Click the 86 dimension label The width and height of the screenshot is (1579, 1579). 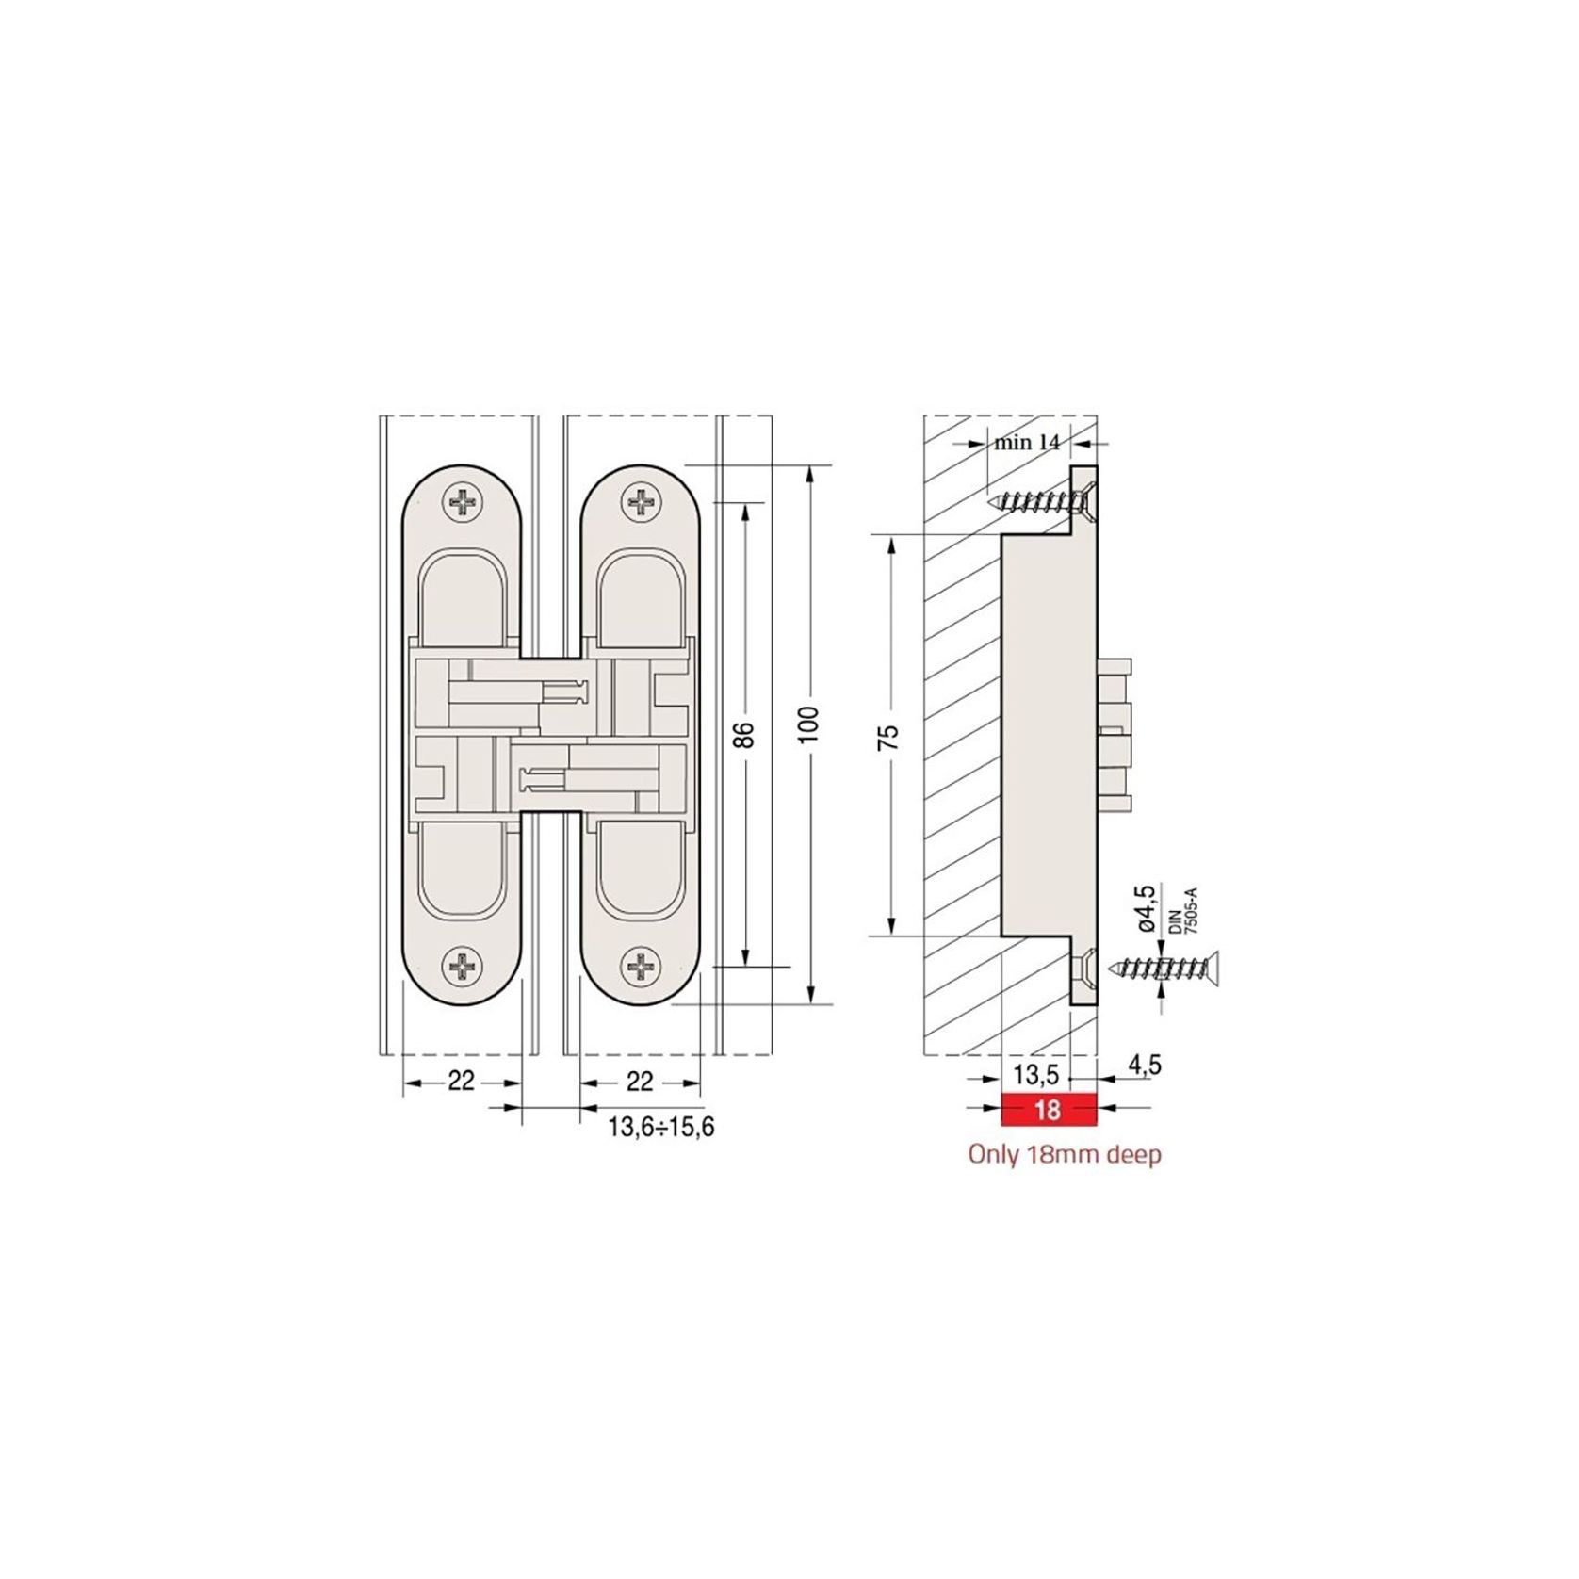click(x=744, y=734)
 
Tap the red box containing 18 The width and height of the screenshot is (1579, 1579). click(x=1049, y=1110)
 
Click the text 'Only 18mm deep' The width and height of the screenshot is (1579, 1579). click(x=1065, y=1155)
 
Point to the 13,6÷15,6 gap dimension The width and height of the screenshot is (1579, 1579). click(x=660, y=1127)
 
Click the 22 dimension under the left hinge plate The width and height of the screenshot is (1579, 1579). click(x=461, y=1082)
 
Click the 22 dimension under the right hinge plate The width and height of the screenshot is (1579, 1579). click(x=640, y=1082)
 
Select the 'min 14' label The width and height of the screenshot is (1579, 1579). click(x=1026, y=442)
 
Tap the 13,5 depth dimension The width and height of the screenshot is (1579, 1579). click(x=1035, y=1074)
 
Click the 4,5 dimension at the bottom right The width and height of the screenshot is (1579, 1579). click(x=1144, y=1065)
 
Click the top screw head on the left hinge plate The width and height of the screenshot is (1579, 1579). click(x=463, y=502)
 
